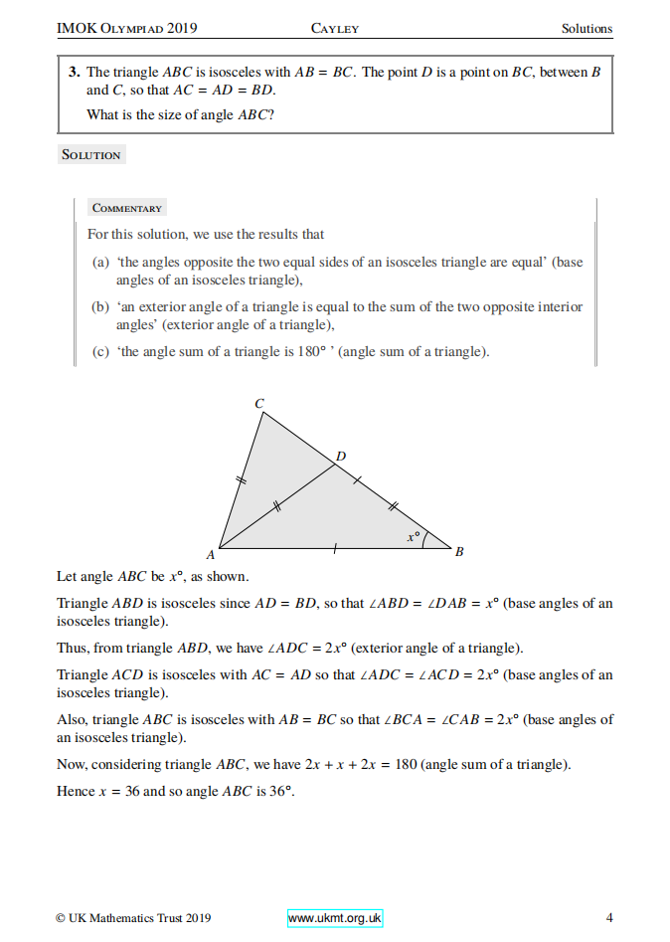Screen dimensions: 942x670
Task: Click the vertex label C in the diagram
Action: (x=259, y=403)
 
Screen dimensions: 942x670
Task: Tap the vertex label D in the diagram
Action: (x=341, y=456)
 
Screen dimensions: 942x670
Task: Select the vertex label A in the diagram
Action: (x=210, y=554)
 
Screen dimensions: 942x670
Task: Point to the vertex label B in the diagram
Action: (x=459, y=551)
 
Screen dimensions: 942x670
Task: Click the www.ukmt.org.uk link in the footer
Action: (x=335, y=918)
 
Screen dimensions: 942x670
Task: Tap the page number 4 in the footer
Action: (x=609, y=918)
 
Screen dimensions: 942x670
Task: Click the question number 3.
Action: (x=74, y=72)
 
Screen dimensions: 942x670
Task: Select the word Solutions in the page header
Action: (x=586, y=28)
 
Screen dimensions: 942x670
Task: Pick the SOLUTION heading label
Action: (x=91, y=155)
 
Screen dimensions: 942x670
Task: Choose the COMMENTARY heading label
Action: (x=126, y=208)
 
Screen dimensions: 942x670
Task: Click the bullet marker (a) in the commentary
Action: (x=99, y=263)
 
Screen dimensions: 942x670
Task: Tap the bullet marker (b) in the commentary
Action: (x=99, y=307)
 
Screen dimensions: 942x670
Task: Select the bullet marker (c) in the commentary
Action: (x=99, y=352)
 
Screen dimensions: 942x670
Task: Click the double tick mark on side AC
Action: (x=240, y=480)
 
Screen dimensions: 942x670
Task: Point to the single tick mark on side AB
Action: (x=335, y=547)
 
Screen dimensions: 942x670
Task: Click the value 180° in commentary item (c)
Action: (x=315, y=352)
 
